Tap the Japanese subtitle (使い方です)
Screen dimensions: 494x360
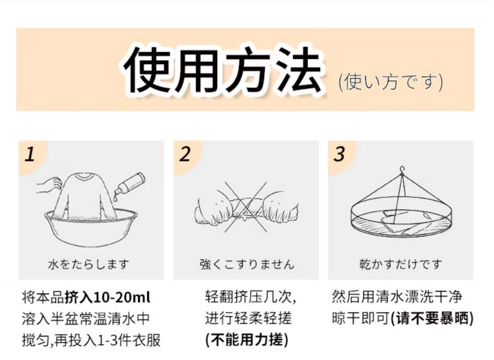click(x=391, y=82)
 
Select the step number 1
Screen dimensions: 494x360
click(x=30, y=155)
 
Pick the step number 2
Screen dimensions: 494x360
click(x=185, y=154)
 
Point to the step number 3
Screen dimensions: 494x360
click(x=339, y=154)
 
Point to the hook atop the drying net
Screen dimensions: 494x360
click(x=402, y=170)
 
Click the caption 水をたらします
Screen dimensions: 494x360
click(x=89, y=264)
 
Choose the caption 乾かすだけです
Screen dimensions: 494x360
click(x=401, y=264)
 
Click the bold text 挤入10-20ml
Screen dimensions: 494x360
click(x=107, y=297)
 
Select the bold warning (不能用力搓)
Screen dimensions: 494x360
click(x=247, y=340)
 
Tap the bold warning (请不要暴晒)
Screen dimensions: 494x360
click(x=432, y=319)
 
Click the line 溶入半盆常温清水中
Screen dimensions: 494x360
click(x=86, y=319)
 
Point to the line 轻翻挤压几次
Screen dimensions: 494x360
click(x=250, y=297)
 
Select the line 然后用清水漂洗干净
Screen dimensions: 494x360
click(x=397, y=297)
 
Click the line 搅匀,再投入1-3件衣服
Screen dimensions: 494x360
click(x=91, y=340)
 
